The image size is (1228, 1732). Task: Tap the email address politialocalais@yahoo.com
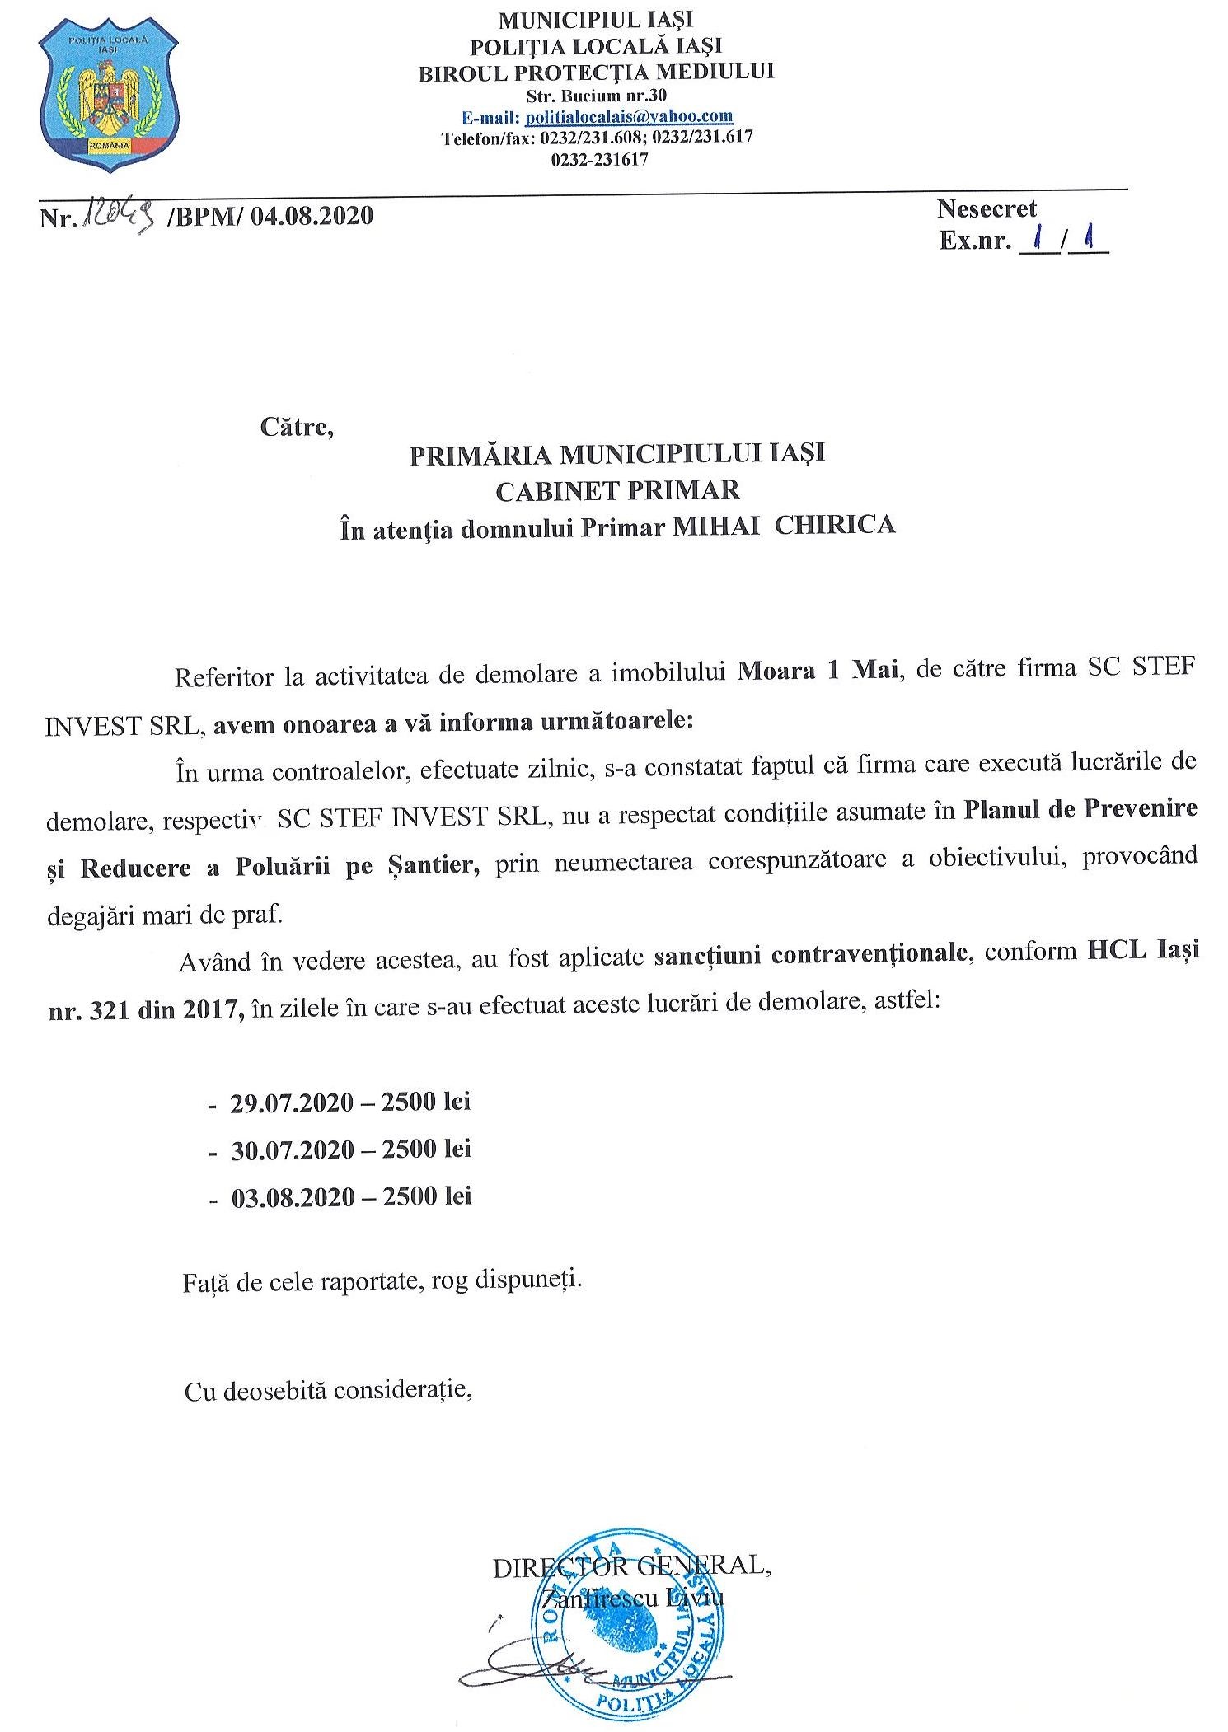629,117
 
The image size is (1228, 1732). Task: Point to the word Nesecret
987,209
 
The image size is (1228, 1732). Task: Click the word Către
297,428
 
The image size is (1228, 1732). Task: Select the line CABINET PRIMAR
617,489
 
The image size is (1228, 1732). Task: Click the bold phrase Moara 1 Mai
817,668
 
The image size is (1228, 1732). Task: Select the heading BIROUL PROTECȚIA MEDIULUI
596,73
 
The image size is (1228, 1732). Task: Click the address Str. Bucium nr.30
596,96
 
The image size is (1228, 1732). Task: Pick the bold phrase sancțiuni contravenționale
809,953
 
